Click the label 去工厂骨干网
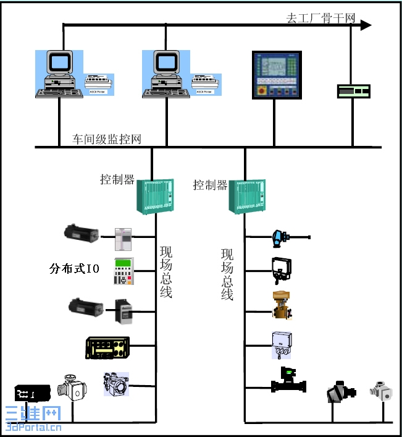pyautogui.click(x=321, y=18)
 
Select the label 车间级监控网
pyautogui.click(x=107, y=139)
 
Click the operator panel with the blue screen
pyautogui.click(x=278, y=74)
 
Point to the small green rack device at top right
pyautogui.click(x=353, y=91)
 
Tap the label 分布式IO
pyautogui.click(x=74, y=269)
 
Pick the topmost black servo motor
pyautogui.click(x=82, y=234)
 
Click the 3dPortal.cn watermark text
pyautogui.click(x=33, y=426)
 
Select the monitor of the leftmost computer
pyautogui.click(x=61, y=63)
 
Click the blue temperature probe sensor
pyautogui.click(x=282, y=236)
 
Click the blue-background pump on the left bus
pyautogui.click(x=117, y=384)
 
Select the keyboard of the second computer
pyautogui.click(x=163, y=93)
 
